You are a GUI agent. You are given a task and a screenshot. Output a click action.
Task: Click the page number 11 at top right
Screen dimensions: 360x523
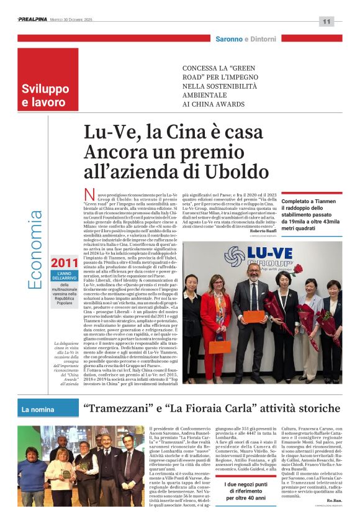pos(326,21)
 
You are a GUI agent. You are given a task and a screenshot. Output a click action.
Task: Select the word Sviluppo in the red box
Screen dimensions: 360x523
pos(45,89)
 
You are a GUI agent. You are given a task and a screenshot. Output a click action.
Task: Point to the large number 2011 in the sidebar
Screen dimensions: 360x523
pos(65,263)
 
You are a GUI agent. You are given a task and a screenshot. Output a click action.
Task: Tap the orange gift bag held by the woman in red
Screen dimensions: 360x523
pos(219,346)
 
